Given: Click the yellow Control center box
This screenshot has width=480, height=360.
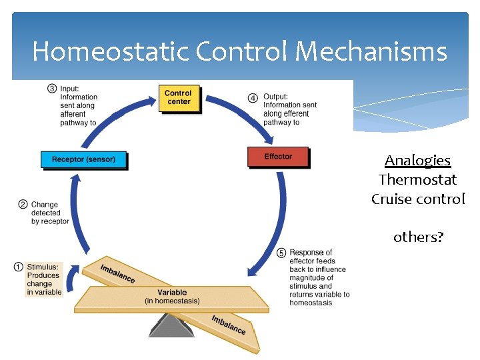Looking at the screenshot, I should (x=179, y=98).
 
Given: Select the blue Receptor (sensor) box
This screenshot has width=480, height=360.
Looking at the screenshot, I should (x=83, y=160).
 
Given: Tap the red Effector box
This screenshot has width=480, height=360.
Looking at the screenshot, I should (x=278, y=157).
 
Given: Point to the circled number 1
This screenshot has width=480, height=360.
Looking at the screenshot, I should (x=19, y=267).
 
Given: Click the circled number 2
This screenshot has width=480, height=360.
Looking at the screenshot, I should (x=23, y=205).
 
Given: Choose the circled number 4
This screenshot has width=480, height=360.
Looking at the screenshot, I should (x=253, y=97).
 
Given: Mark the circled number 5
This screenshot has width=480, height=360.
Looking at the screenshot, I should (x=281, y=253).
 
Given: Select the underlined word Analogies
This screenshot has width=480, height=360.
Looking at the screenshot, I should (x=417, y=161).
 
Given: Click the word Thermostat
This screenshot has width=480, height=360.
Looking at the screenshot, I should (x=417, y=180).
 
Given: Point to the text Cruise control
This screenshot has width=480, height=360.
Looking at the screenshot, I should (x=418, y=199).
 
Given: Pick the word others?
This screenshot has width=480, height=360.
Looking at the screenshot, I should (x=418, y=237).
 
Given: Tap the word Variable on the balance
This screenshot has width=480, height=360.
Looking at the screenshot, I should (x=172, y=292).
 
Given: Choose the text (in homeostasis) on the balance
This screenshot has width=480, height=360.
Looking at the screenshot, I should (x=172, y=301).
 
